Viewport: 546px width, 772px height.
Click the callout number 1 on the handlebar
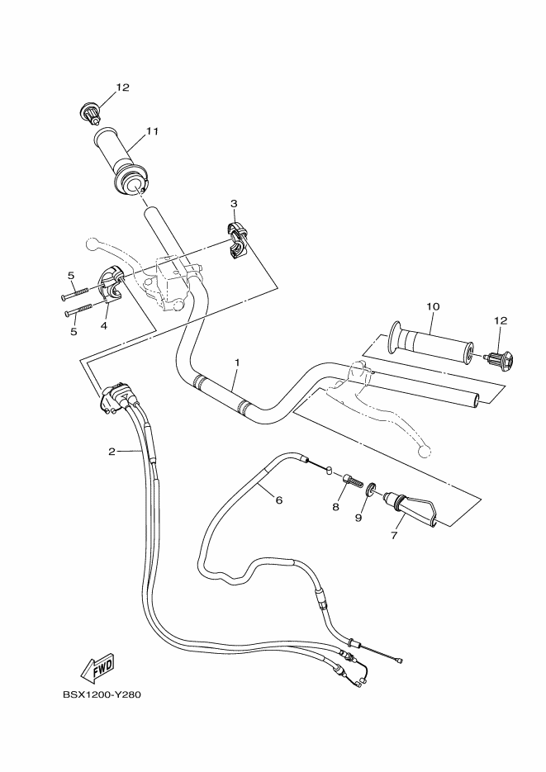(x=237, y=362)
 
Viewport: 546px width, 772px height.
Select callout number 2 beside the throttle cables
(x=111, y=452)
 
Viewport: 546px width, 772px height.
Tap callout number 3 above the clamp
(x=234, y=203)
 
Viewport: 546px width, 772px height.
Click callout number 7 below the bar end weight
(x=394, y=536)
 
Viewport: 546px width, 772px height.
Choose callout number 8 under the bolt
(x=336, y=507)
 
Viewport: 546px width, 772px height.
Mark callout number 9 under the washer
(x=358, y=518)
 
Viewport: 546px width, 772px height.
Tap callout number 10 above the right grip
(x=431, y=307)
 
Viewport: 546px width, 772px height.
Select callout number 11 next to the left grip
(x=152, y=131)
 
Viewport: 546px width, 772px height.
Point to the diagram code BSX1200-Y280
(x=102, y=695)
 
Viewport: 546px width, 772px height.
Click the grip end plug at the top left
(x=91, y=111)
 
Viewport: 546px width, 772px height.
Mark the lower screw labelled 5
(x=78, y=311)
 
